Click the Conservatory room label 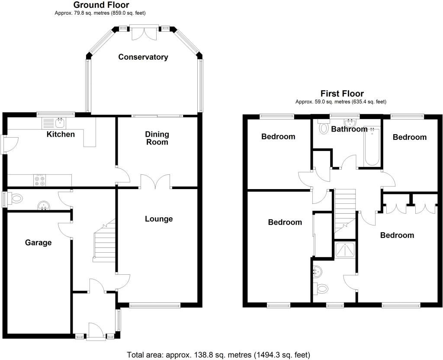pyautogui.click(x=143, y=57)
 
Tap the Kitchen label pyautogui.click(x=61, y=134)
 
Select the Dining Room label pyautogui.click(x=157, y=138)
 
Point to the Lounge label pyautogui.click(x=159, y=219)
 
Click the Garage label pyautogui.click(x=38, y=242)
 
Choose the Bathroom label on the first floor pyautogui.click(x=349, y=129)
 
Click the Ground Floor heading pyautogui.click(x=101, y=5)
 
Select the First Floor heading pyautogui.click(x=342, y=93)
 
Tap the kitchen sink pyautogui.click(x=53, y=123)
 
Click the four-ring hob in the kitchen pyautogui.click(x=40, y=180)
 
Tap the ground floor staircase pyautogui.click(x=104, y=242)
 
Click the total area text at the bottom pyautogui.click(x=218, y=355)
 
